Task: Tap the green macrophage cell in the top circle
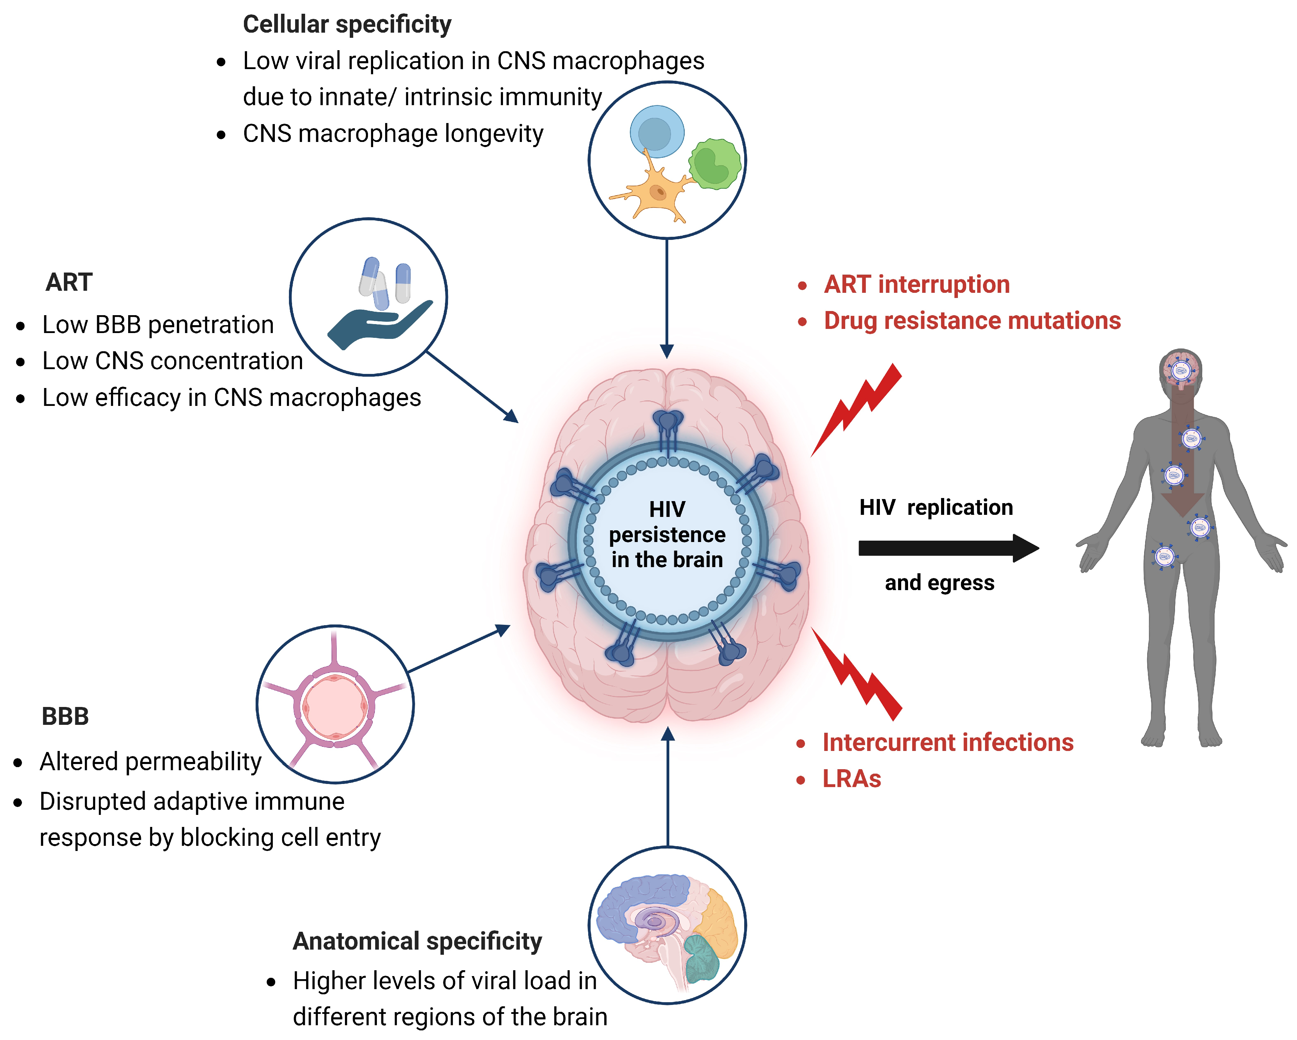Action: (715, 164)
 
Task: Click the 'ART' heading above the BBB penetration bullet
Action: (69, 282)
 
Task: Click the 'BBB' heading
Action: (65, 717)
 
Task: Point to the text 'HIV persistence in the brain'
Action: (667, 534)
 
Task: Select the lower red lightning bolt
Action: (857, 674)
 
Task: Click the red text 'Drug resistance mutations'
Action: (972, 321)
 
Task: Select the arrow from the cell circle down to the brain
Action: (667, 298)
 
